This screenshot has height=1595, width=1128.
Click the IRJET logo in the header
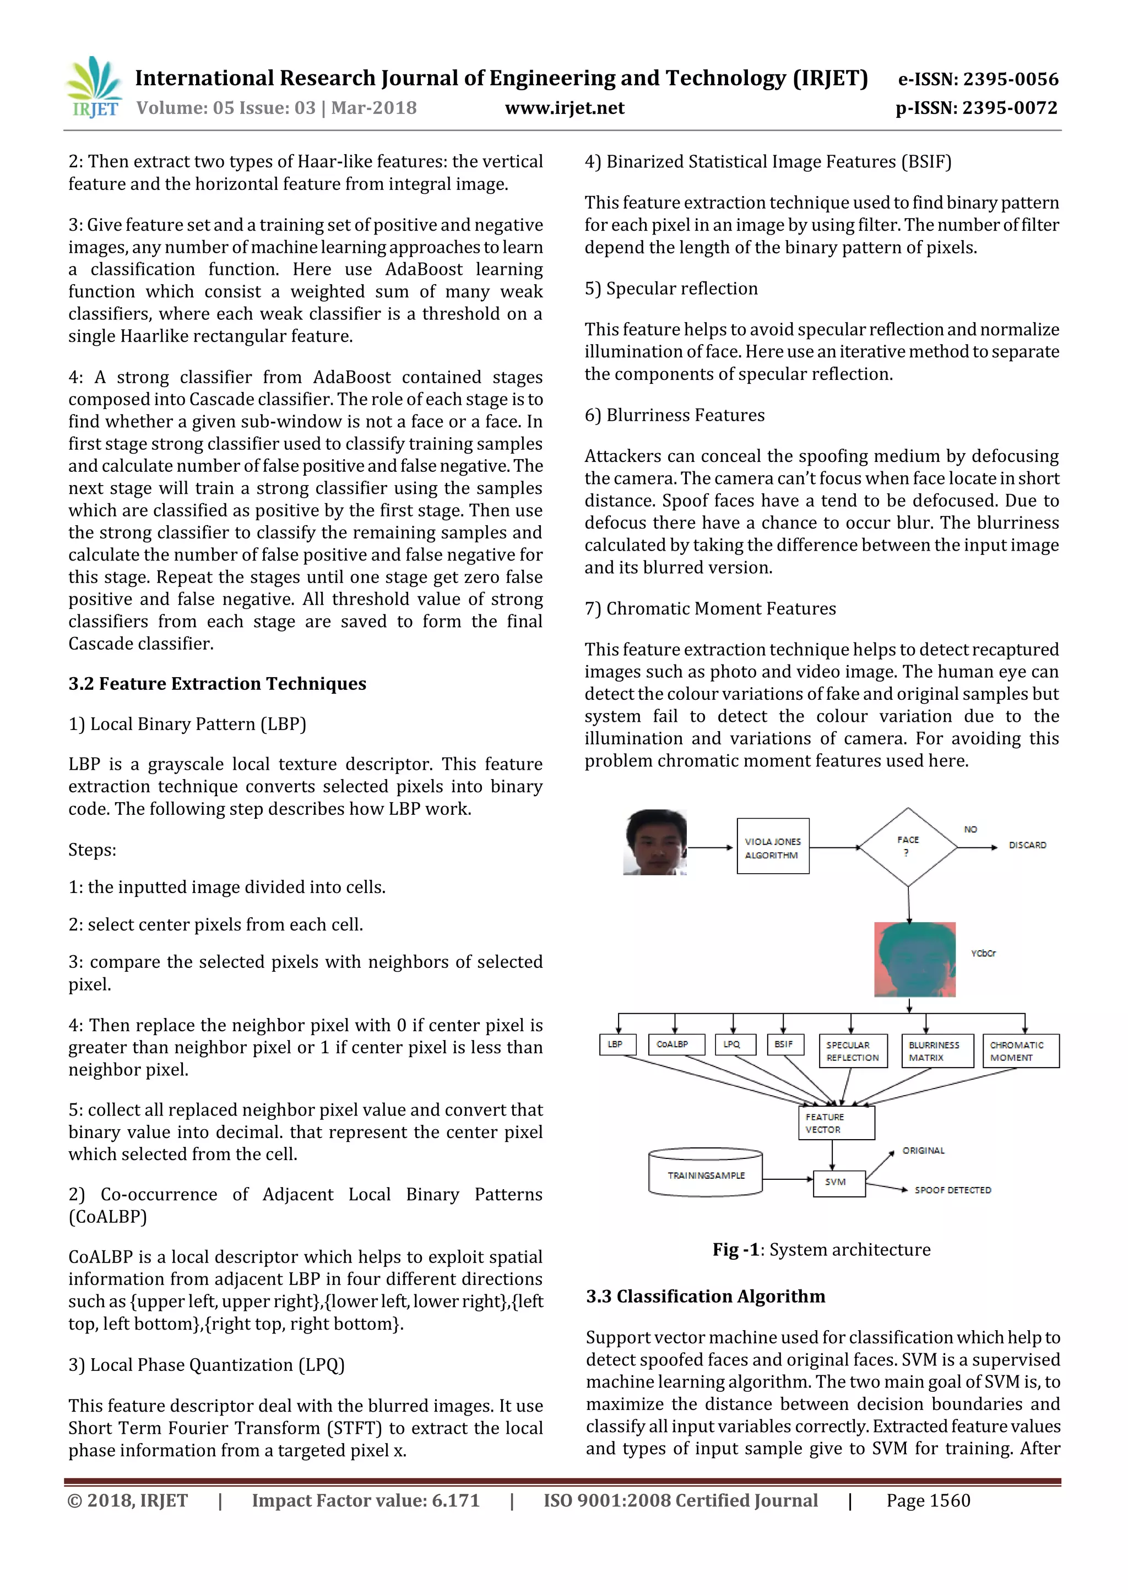(94, 88)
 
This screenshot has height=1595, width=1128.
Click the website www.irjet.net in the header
(565, 108)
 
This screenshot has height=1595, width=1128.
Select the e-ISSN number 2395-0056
(978, 79)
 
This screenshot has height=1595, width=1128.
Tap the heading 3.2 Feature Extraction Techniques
(217, 684)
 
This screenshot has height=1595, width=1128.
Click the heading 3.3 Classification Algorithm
(705, 1296)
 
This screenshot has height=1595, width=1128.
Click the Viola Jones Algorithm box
(773, 847)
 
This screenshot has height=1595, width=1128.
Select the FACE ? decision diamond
(908, 847)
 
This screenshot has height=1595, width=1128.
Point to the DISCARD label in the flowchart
(1027, 846)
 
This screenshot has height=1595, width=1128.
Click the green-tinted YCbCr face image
(915, 959)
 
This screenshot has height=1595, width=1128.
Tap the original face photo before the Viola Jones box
(655, 842)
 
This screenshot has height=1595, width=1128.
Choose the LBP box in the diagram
(616, 1044)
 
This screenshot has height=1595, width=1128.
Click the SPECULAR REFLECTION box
(852, 1051)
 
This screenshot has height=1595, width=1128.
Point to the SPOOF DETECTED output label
(952, 1190)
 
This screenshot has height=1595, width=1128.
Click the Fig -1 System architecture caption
(821, 1250)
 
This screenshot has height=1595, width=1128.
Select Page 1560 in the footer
(928, 1500)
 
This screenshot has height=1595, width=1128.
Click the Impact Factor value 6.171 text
(366, 1500)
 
